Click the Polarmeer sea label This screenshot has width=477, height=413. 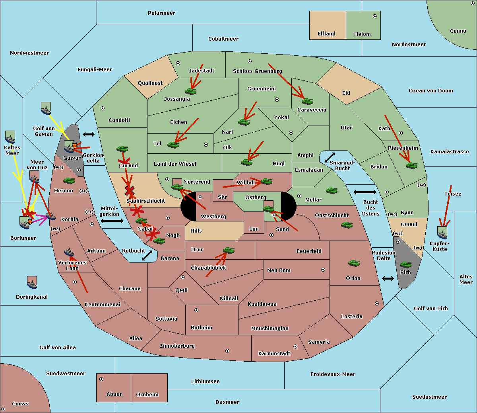[161, 13]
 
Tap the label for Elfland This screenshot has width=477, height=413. [326, 34]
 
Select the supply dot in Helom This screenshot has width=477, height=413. [374, 16]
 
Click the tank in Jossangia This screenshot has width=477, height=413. [191, 91]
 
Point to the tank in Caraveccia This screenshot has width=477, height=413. [307, 101]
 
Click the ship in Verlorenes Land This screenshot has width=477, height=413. [69, 252]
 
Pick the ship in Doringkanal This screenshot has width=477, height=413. [32, 282]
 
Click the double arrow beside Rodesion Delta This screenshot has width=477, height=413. [388, 278]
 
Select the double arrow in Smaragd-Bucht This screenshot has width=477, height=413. [330, 157]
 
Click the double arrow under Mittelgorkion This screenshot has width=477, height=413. [112, 221]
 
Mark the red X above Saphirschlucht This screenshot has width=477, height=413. [129, 190]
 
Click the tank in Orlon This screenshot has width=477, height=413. [354, 263]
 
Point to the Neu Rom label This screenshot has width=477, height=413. [279, 270]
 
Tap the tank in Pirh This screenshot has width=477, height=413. [405, 264]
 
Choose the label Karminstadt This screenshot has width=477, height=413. [274, 354]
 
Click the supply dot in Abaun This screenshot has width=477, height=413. [101, 379]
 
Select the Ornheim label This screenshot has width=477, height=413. [147, 395]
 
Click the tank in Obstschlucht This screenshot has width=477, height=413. [347, 225]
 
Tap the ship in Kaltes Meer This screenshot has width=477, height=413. [10, 137]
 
